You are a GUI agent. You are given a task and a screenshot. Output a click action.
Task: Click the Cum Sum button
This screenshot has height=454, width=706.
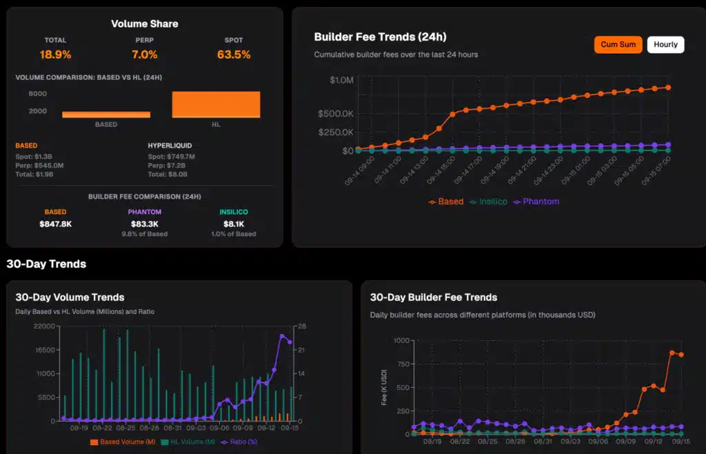tap(618, 45)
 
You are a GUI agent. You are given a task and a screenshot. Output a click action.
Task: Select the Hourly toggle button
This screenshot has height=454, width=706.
tap(665, 45)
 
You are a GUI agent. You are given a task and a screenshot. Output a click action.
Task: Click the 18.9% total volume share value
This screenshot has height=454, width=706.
tap(55, 55)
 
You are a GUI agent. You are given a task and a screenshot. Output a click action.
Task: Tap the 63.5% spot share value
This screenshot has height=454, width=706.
tap(233, 55)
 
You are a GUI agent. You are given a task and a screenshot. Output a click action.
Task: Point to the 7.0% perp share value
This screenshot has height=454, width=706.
tap(144, 55)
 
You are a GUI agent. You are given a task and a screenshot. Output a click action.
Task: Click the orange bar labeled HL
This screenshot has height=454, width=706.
tap(216, 104)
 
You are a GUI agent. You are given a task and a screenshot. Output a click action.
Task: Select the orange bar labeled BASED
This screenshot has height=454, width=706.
tap(105, 115)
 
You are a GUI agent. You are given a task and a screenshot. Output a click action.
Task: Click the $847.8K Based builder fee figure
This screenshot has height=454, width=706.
tap(55, 224)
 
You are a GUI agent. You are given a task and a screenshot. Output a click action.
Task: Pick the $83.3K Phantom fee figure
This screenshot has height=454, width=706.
tap(144, 224)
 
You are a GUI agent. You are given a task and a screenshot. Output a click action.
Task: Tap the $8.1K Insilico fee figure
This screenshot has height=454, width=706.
tap(233, 224)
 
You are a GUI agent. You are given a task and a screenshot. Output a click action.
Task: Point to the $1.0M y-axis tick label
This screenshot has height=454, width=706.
tap(341, 80)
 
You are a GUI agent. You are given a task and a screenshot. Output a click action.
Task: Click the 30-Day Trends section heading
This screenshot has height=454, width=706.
tap(46, 264)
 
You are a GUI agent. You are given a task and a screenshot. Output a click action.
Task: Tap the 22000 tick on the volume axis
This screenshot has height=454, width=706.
tap(43, 326)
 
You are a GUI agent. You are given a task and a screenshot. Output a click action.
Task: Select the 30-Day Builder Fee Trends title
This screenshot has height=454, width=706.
tap(433, 297)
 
